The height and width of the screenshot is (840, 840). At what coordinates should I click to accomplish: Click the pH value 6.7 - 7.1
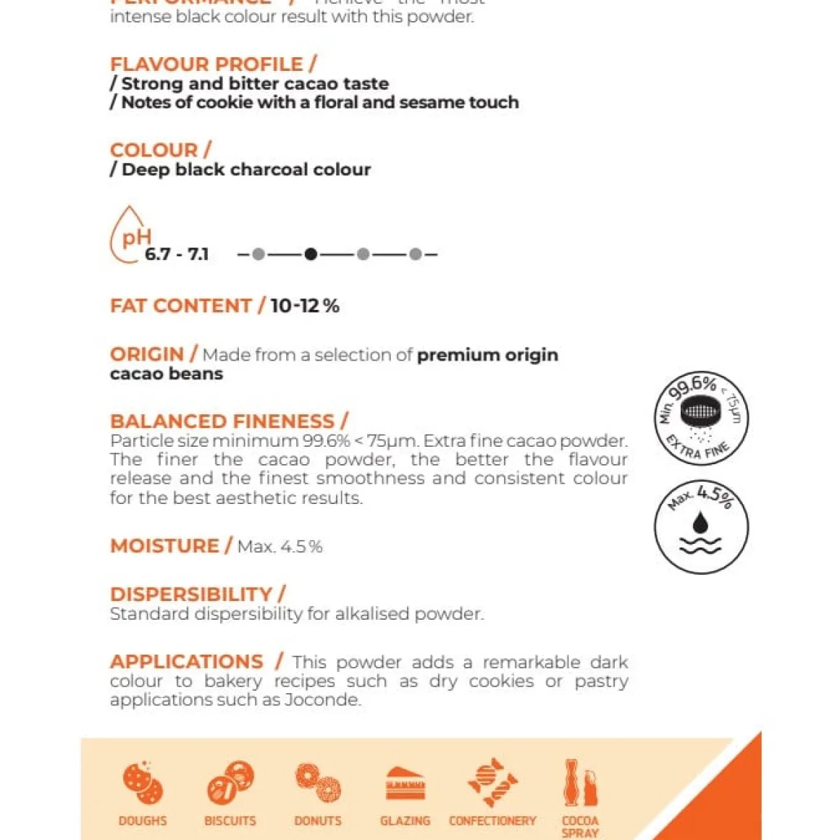click(x=177, y=254)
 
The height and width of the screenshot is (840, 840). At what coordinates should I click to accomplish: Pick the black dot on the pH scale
click(x=311, y=254)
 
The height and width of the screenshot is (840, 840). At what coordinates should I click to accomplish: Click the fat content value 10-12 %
click(x=305, y=306)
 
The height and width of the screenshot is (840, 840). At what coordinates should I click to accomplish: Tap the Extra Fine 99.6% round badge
click(x=701, y=418)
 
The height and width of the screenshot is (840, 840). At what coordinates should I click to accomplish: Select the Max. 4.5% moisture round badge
click(x=701, y=526)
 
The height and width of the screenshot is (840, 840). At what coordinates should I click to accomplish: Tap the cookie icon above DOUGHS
click(x=143, y=783)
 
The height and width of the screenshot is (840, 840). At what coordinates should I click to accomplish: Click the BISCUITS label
click(x=230, y=821)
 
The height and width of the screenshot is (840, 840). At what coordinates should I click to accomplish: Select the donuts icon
click(x=318, y=783)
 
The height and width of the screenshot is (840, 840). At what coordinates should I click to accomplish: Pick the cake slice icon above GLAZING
click(x=406, y=784)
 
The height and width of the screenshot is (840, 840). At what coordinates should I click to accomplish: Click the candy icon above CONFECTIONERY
click(x=492, y=783)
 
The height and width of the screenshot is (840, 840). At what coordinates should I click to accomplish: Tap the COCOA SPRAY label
click(x=580, y=826)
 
